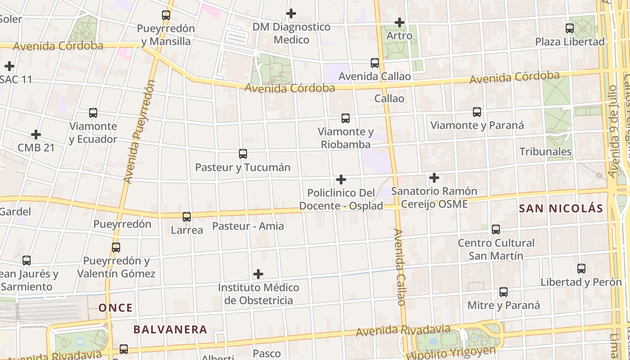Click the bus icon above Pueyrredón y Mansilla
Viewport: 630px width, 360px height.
(166, 15)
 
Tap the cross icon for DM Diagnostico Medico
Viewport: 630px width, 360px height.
(291, 13)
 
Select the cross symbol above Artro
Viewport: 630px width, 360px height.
(399, 22)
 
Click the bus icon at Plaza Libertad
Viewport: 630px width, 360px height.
(570, 28)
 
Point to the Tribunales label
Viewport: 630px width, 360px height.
(545, 152)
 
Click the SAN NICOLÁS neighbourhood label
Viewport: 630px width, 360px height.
(560, 208)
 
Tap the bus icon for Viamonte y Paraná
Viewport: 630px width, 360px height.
(477, 112)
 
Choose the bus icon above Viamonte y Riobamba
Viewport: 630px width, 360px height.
(346, 118)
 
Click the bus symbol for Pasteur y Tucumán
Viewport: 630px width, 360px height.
(243, 154)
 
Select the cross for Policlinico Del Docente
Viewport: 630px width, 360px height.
(341, 180)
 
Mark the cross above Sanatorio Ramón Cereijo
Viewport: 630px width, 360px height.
(434, 178)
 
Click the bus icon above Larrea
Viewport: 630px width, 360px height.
(187, 216)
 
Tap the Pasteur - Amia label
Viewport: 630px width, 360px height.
(248, 226)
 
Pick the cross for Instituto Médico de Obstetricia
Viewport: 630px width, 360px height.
(258, 274)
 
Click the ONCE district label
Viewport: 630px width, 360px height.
(116, 308)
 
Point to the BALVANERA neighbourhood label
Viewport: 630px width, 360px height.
(170, 329)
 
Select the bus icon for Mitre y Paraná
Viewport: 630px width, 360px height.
(504, 292)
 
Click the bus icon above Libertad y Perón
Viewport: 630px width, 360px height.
(581, 269)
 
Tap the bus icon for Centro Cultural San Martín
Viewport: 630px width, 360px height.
(496, 229)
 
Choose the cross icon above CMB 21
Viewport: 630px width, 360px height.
(36, 134)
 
